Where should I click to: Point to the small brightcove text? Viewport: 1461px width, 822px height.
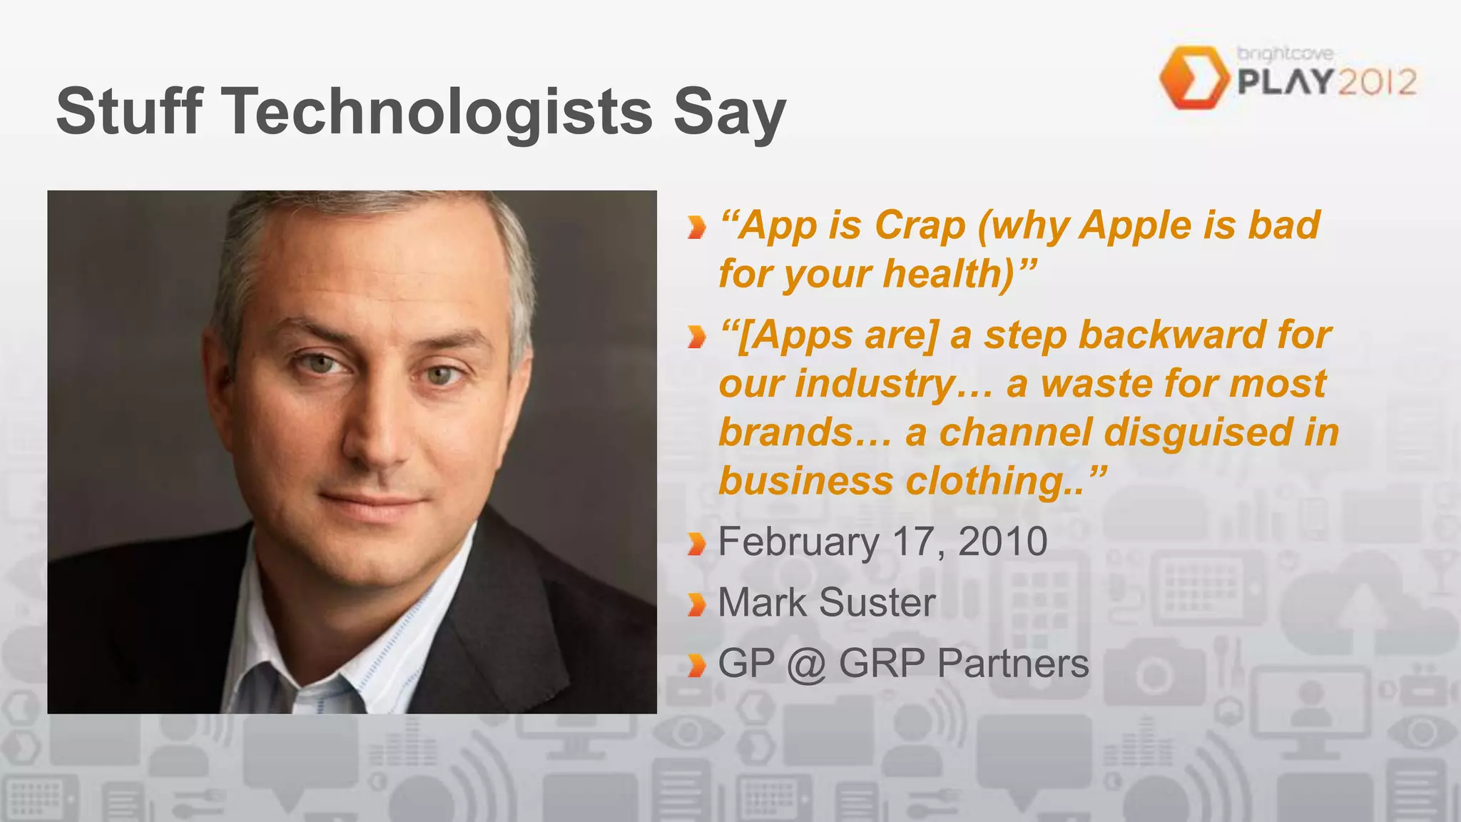1285,54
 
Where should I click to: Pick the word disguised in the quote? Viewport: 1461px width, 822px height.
1198,432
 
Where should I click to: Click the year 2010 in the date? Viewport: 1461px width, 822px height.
1002,542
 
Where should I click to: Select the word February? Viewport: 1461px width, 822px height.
798,542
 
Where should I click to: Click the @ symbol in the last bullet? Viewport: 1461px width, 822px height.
806,664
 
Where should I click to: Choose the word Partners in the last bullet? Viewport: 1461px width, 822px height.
1013,664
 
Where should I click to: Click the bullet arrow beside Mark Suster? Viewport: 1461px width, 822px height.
696,604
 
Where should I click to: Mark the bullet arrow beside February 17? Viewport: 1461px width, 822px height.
696,544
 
